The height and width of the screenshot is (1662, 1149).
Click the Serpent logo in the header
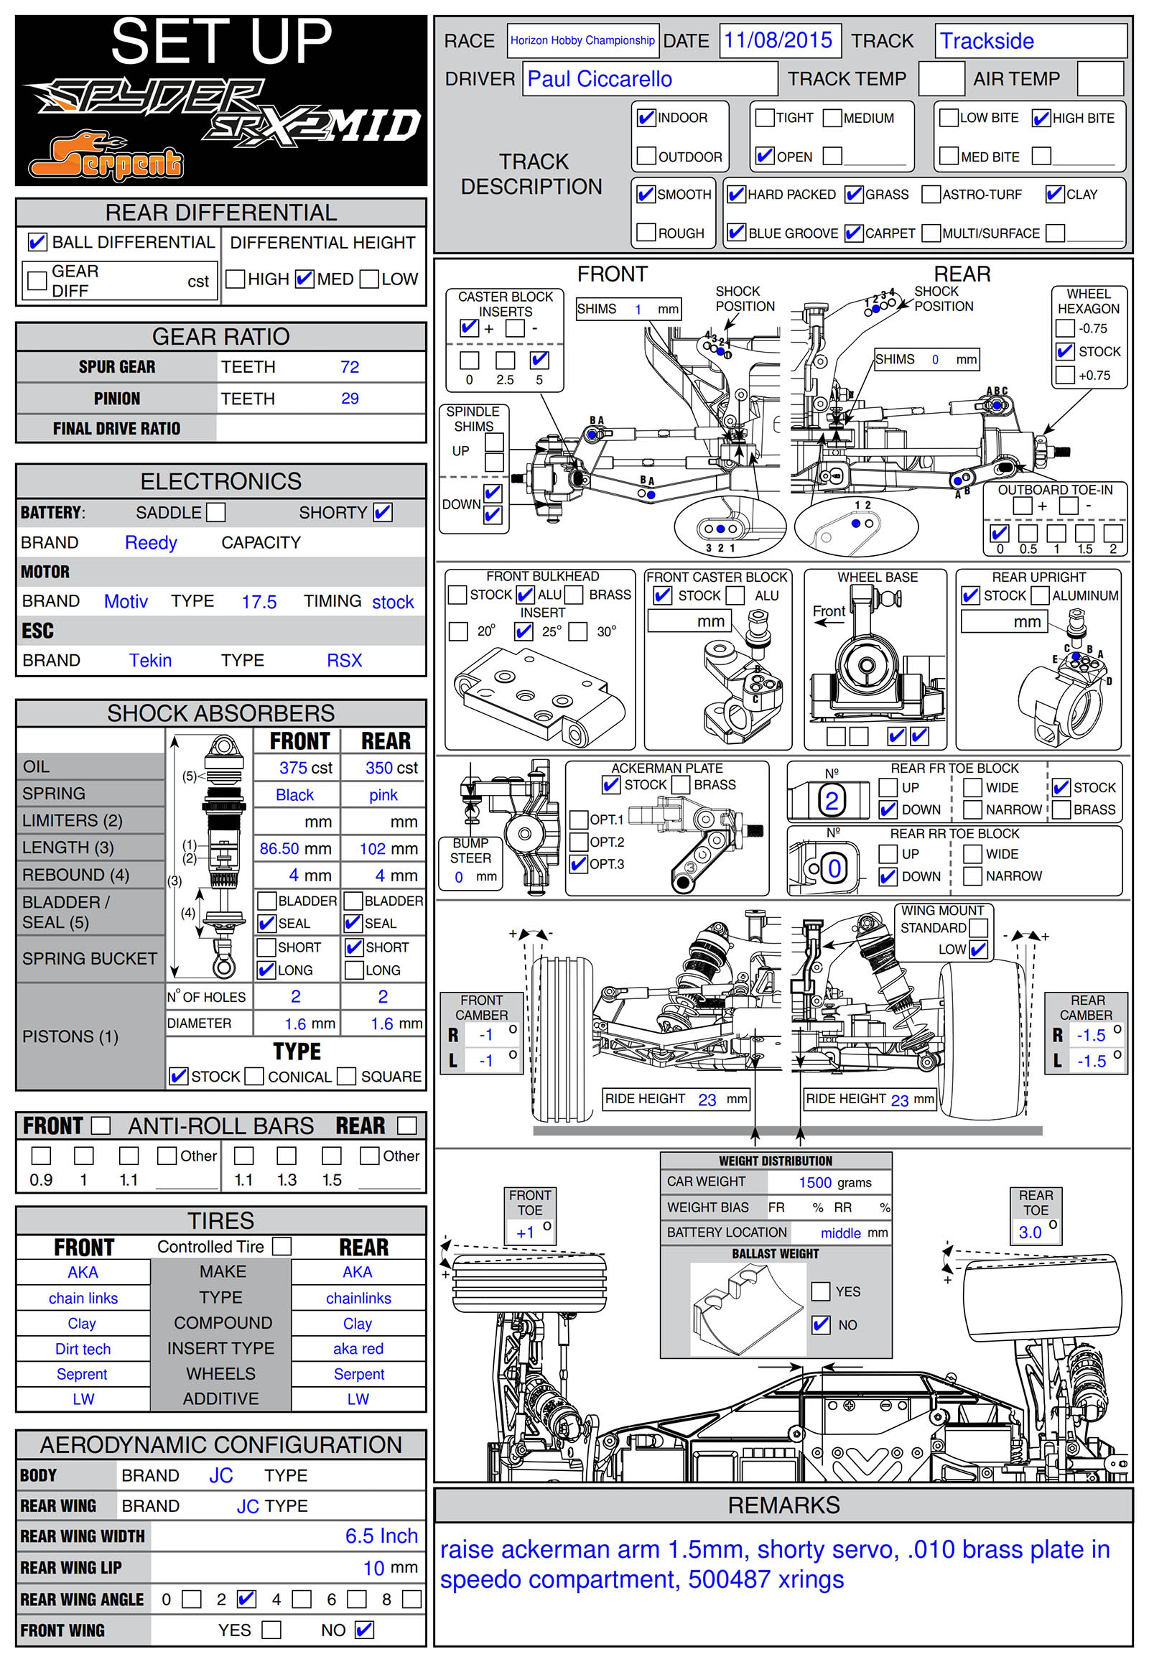[x=106, y=157]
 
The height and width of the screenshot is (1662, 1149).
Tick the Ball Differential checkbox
[x=37, y=242]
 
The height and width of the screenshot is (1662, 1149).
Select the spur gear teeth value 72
[x=350, y=367]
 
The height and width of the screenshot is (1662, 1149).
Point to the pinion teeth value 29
[x=350, y=398]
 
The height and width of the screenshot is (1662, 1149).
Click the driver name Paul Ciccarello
[x=600, y=79]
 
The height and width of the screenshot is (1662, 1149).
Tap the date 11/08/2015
[x=778, y=40]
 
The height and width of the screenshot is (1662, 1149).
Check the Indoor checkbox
[x=646, y=117]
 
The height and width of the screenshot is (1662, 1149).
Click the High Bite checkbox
[x=1041, y=118]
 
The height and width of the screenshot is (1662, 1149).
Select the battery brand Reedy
[x=151, y=542]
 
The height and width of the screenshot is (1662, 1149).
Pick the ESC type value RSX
[x=344, y=660]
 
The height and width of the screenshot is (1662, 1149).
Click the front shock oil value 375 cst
[x=305, y=768]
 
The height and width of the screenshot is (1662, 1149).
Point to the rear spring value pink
[x=383, y=795]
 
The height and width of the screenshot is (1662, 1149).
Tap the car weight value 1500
[x=815, y=1182]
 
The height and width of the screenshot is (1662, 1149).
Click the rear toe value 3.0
[x=1030, y=1232]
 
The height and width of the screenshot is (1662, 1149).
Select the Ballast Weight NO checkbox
[x=821, y=1324]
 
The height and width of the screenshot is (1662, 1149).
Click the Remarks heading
[x=783, y=1505]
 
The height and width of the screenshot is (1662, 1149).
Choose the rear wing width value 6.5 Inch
[x=381, y=1536]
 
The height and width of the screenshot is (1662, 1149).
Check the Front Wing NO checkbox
[x=365, y=1630]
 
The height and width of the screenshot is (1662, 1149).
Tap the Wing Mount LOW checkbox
[x=977, y=949]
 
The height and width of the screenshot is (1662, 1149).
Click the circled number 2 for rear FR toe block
[x=832, y=801]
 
